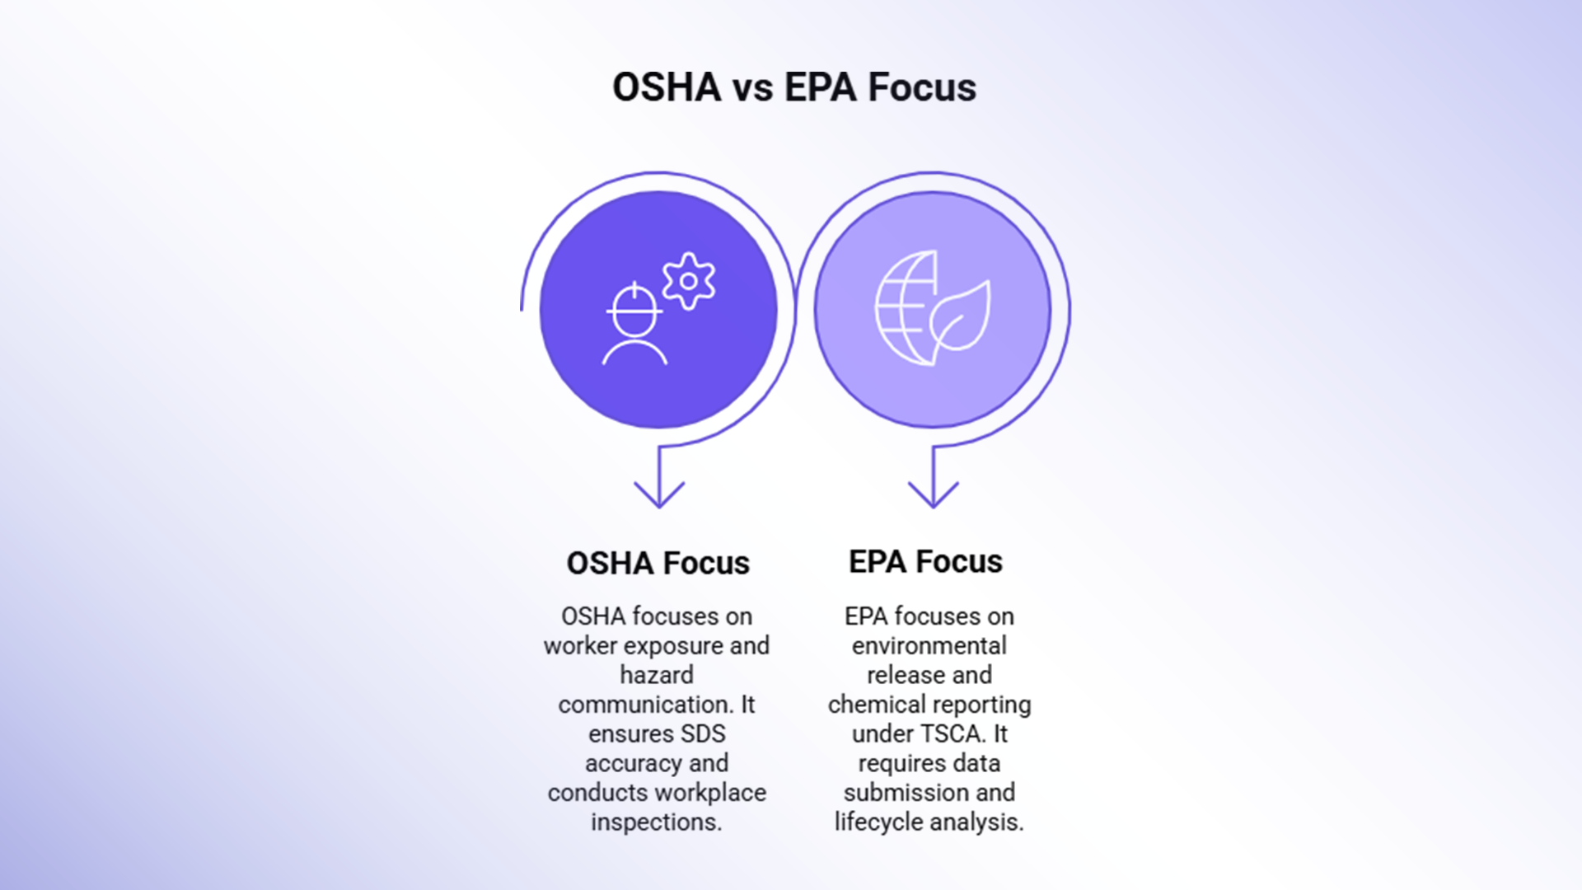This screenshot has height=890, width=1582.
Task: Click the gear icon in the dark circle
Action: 689,281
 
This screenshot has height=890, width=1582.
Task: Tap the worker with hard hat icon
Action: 634,325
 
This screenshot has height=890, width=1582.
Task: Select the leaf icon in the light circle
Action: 961,318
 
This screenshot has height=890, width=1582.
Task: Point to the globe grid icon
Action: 905,307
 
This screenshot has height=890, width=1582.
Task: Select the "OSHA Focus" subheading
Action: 658,564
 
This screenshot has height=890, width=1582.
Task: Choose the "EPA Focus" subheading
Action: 925,562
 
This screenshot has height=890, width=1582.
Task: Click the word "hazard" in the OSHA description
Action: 657,675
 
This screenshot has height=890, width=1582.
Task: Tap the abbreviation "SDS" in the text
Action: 702,733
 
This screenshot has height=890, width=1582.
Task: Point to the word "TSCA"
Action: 952,733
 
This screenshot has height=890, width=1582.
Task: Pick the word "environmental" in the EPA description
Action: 929,645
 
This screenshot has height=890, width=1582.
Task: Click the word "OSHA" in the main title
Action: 666,88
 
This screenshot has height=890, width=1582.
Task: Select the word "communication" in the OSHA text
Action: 644,705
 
